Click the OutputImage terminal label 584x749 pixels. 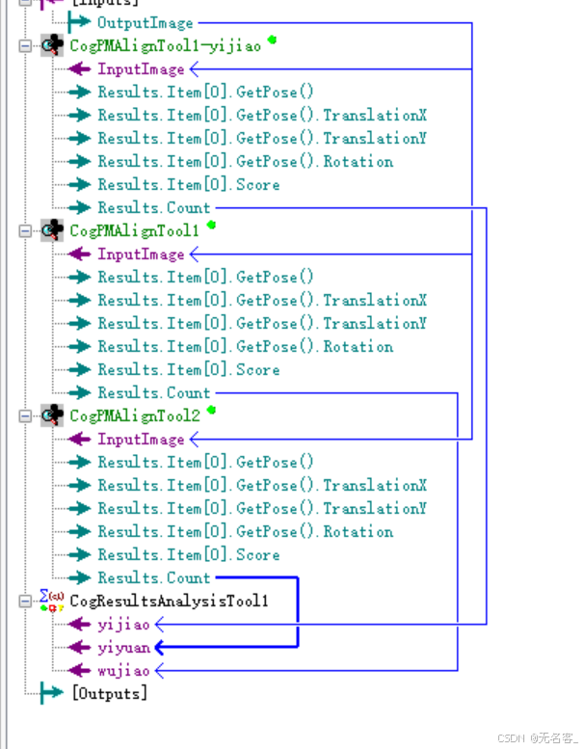(x=145, y=22)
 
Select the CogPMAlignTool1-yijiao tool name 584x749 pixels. (x=165, y=45)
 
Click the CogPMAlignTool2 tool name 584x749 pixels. (x=135, y=415)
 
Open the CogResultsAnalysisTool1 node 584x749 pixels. (x=169, y=601)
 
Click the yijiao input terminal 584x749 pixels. (x=123, y=624)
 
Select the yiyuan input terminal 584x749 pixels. (x=123, y=647)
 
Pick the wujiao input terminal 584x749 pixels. (x=123, y=670)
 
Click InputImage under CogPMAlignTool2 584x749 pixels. (x=141, y=439)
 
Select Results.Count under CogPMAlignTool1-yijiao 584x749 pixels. (x=153, y=207)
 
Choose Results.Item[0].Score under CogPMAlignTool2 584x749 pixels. (x=188, y=554)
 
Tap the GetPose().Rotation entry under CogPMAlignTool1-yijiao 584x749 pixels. (x=245, y=161)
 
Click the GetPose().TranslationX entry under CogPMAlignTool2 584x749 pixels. (x=262, y=485)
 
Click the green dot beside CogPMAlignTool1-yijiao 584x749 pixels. (x=273, y=40)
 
